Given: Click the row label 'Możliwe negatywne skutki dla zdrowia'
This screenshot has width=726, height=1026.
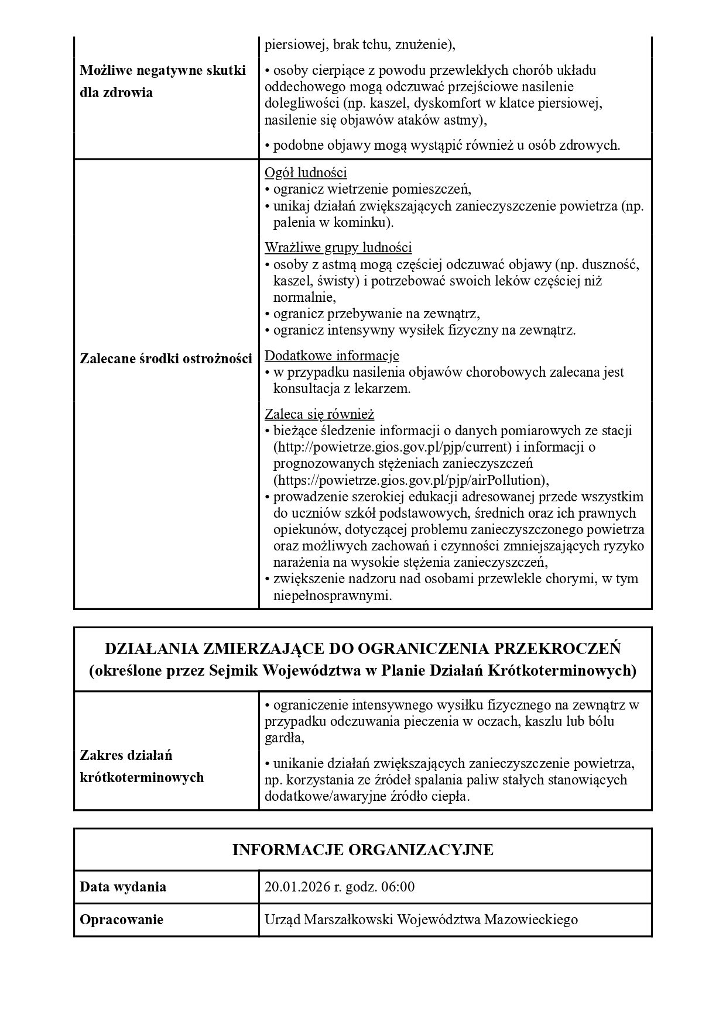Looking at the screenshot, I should [x=162, y=81].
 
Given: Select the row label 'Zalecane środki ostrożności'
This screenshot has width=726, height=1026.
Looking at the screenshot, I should [x=166, y=359].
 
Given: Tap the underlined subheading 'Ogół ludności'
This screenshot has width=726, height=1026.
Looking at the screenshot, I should [x=306, y=173].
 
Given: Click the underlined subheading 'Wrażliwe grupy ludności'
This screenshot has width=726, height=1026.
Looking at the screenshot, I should [x=338, y=247].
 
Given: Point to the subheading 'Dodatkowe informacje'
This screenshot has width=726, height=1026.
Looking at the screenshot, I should [x=332, y=355].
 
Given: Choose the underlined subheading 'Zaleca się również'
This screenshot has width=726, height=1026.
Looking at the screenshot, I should [x=319, y=414].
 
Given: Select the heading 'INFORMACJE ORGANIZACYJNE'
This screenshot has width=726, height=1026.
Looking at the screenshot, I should [x=362, y=849].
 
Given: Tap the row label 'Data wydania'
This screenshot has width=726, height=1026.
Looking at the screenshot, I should [x=123, y=887].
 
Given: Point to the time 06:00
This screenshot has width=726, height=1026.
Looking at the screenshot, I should [x=398, y=887].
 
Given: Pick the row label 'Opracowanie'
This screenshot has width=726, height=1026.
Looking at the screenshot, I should [x=121, y=920].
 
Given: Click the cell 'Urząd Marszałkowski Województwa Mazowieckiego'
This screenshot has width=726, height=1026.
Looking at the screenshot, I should [x=421, y=920].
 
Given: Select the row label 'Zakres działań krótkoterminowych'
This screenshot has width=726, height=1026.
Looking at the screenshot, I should [x=141, y=766].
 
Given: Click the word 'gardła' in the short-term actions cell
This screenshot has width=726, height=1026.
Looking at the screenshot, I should [x=283, y=738].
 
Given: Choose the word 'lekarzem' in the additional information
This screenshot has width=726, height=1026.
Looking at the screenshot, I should [x=381, y=388].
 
